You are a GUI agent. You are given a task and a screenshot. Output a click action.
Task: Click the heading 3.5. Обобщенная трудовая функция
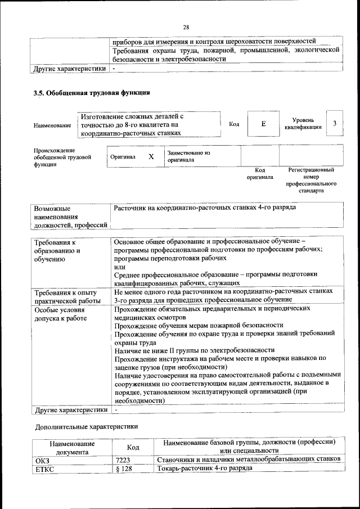click(x=92, y=93)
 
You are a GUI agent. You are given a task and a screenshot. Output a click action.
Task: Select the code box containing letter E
click(x=263, y=124)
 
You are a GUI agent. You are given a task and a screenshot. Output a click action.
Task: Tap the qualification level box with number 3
click(x=335, y=124)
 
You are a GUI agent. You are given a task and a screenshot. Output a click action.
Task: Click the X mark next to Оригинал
click(x=151, y=157)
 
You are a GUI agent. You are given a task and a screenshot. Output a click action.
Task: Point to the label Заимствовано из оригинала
click(x=188, y=156)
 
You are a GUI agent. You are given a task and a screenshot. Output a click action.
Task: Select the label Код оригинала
click(x=260, y=173)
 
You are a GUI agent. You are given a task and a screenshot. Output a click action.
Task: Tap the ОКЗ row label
click(x=43, y=459)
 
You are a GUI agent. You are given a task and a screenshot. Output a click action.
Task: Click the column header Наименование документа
click(x=71, y=447)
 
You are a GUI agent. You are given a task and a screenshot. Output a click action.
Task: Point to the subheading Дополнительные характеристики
click(x=86, y=426)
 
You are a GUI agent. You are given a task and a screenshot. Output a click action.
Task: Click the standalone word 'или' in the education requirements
click(x=119, y=266)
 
